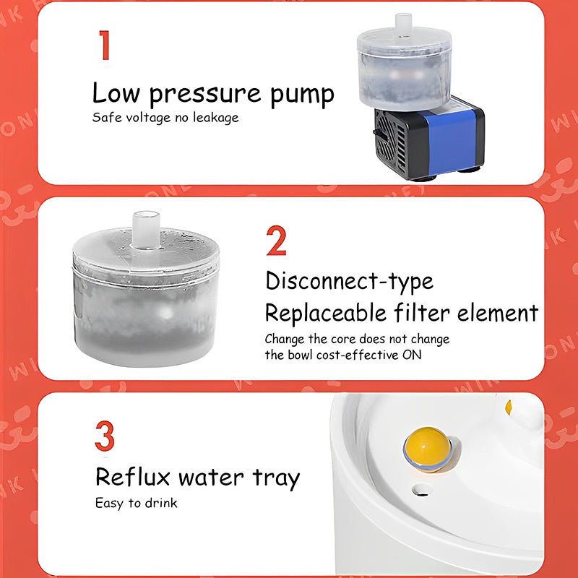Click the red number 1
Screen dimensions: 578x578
pos(105,45)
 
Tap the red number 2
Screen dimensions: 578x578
pos(277,241)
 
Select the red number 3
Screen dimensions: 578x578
pos(105,436)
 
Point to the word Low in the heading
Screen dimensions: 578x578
pos(116,92)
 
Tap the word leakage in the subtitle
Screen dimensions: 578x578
pos(215,118)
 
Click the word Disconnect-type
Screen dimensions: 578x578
pos(350,281)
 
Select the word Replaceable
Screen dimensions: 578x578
pos(326,313)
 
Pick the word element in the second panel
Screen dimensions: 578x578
pos(498,313)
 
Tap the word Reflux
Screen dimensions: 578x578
pos(133,477)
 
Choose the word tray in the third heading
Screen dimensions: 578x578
pos(276,478)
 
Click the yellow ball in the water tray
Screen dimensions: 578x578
pos(427,449)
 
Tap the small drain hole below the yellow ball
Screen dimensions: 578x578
pos(423,491)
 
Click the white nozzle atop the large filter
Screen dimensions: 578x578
pos(146,229)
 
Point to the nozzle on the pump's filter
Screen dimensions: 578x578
pos(403,25)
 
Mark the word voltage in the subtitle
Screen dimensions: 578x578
pos(149,118)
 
